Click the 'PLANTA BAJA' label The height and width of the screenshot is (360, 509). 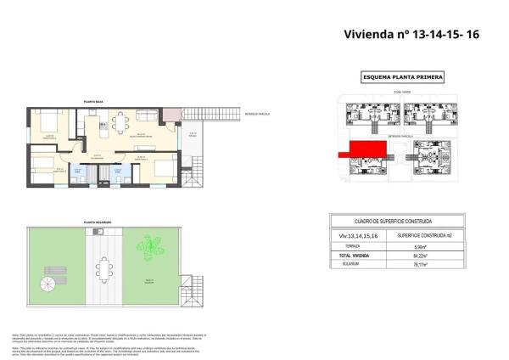pyautogui.click(x=94, y=101)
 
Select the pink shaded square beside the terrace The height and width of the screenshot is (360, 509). pyautogui.click(x=171, y=114)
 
